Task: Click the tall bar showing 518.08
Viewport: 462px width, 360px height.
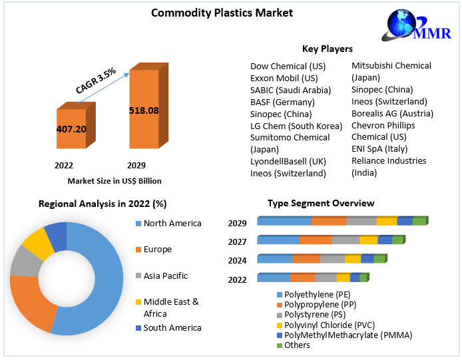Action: pyautogui.click(x=143, y=110)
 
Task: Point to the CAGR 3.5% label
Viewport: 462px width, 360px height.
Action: pyautogui.click(x=95, y=79)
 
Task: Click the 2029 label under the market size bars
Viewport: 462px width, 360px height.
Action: pyautogui.click(x=136, y=164)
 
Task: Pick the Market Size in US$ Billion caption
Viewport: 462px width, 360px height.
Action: pyautogui.click(x=115, y=181)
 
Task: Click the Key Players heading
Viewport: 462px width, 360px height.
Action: pyautogui.click(x=328, y=49)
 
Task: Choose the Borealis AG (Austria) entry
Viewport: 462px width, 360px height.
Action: pyautogui.click(x=392, y=114)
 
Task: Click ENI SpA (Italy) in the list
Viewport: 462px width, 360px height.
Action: pyautogui.click(x=379, y=149)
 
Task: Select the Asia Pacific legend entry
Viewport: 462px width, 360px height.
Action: pyautogui.click(x=166, y=275)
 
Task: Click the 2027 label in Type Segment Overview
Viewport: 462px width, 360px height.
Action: pyautogui.click(x=237, y=242)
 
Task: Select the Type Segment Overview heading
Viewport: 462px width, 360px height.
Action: pyautogui.click(x=321, y=203)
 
